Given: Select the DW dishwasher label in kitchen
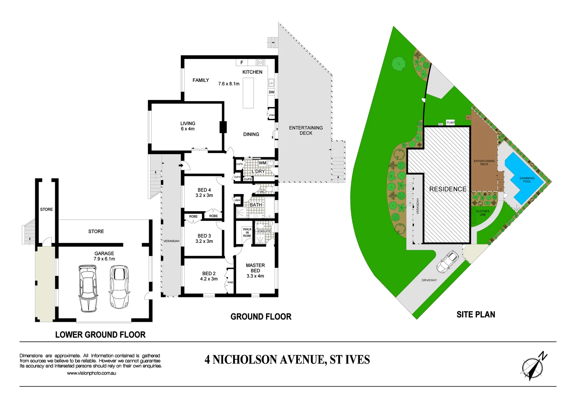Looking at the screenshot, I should (271, 92).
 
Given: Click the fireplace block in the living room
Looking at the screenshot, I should (223, 127).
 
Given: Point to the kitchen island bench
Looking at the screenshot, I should (248, 92).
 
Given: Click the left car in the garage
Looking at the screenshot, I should (88, 288).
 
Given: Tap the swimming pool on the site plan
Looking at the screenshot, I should (523, 178).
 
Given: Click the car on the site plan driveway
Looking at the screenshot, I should (447, 262).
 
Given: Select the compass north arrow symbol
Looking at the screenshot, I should (533, 366).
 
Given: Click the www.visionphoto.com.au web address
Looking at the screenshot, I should (91, 373).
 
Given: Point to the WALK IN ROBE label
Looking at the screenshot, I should (247, 232).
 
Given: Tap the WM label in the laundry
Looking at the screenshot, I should (262, 163).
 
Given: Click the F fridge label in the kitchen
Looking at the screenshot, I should (242, 62).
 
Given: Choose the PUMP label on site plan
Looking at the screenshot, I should (451, 123).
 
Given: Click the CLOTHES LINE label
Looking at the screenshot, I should (483, 213).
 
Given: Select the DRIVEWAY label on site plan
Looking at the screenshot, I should (429, 280).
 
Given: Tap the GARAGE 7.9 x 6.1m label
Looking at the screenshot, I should (104, 256).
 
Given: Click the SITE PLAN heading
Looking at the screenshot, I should (475, 315).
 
